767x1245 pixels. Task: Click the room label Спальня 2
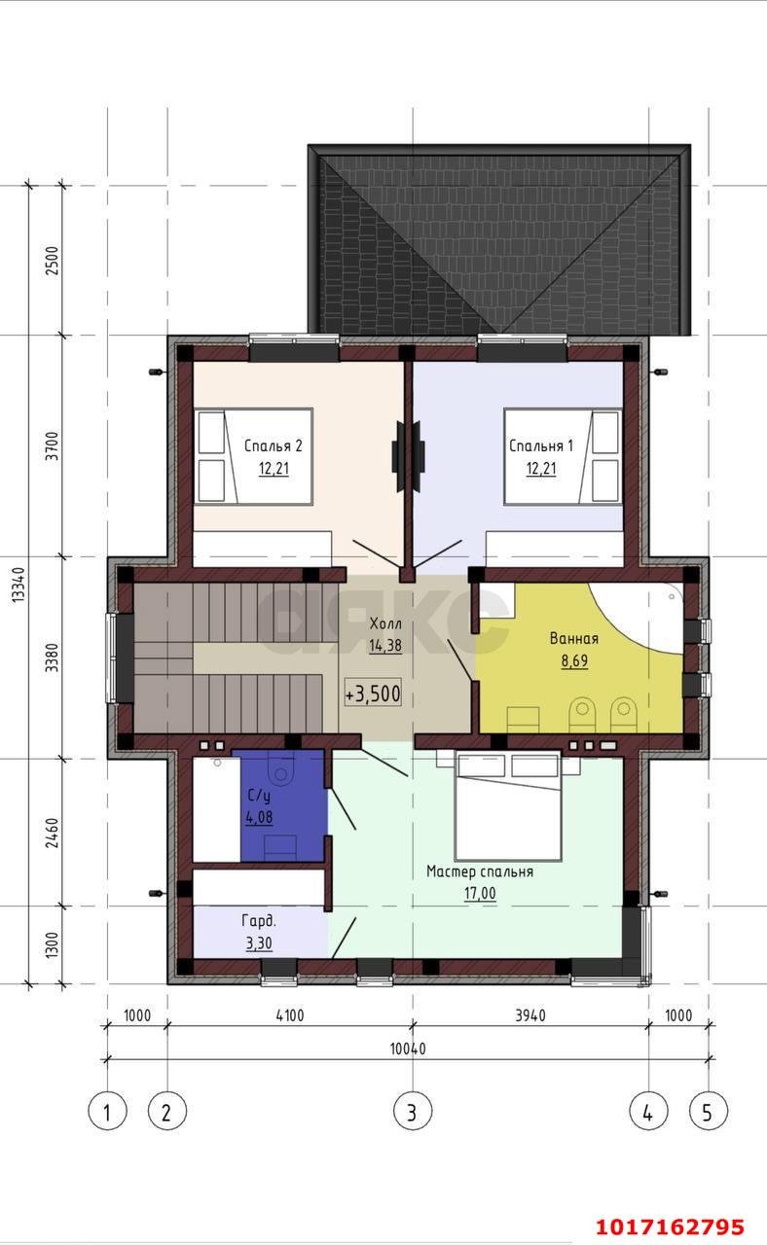[x=274, y=445]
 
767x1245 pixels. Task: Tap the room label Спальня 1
[x=540, y=445]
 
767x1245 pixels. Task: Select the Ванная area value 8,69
[x=574, y=660]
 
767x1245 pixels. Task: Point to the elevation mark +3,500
[x=373, y=694]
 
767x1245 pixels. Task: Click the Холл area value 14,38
[x=385, y=645]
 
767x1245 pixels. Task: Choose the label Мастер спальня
[x=480, y=871]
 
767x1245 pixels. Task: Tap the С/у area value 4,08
[x=259, y=817]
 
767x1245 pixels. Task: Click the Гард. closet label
[x=259, y=921]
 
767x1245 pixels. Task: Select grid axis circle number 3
[x=412, y=1112]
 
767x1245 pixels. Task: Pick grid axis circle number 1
[x=107, y=1112]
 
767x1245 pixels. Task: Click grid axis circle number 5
[x=708, y=1112]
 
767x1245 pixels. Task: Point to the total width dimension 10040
[x=408, y=1049]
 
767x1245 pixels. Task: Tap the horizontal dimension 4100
[x=290, y=1015]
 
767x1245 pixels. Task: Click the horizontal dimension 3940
[x=530, y=1015]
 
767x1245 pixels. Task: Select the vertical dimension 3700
[x=52, y=445]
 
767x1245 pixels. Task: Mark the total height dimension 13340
[x=18, y=585]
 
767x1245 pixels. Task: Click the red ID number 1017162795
[x=670, y=1227]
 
